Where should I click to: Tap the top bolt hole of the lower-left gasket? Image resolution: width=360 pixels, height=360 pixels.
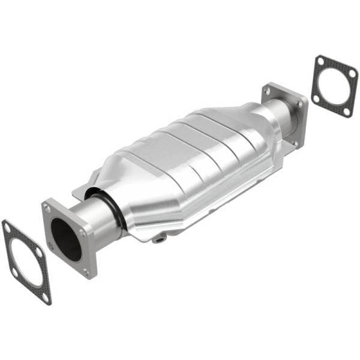click(8, 228)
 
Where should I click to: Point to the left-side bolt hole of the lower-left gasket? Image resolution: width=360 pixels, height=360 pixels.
click(14, 271)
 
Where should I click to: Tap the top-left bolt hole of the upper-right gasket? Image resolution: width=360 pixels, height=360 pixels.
click(320, 62)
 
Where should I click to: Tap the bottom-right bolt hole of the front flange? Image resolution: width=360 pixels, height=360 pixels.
click(86, 272)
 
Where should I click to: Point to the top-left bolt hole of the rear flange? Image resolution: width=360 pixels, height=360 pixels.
click(268, 90)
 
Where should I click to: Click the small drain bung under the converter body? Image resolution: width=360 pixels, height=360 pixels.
click(160, 239)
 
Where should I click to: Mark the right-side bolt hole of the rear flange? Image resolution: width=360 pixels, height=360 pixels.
click(301, 104)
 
